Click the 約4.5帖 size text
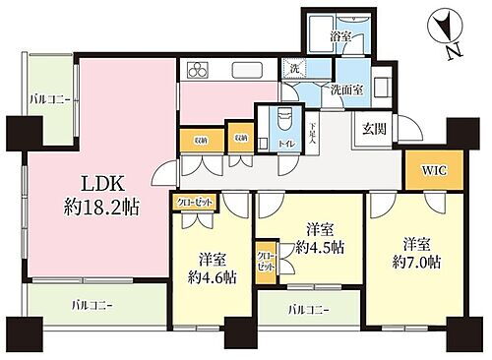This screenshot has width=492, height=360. pos(312,245)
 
